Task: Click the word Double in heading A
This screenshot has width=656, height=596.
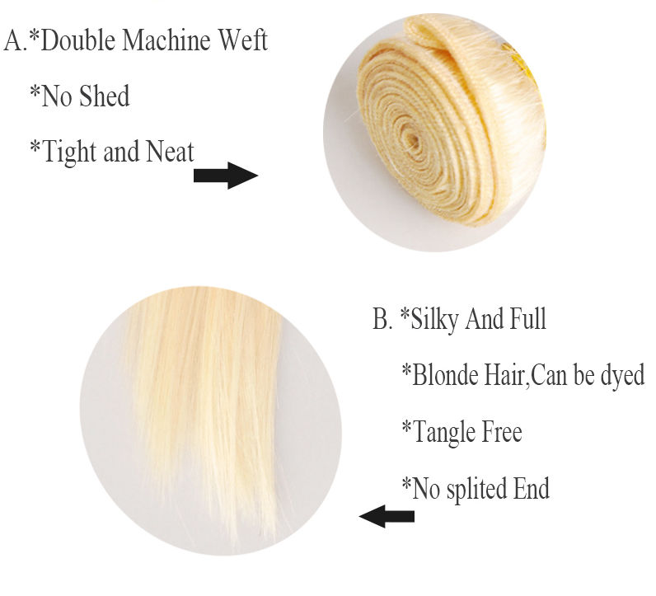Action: [77, 41]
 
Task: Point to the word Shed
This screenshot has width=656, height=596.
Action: [104, 96]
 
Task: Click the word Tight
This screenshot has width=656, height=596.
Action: [69, 153]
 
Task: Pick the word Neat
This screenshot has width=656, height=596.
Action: [171, 151]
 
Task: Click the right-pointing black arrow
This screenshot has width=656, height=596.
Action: [226, 176]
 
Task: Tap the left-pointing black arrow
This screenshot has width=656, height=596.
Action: [387, 516]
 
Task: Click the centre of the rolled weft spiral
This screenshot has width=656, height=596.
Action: [412, 140]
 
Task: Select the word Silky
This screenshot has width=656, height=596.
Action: [434, 320]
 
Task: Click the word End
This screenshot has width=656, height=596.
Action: [532, 488]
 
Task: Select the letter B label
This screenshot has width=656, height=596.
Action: [382, 319]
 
